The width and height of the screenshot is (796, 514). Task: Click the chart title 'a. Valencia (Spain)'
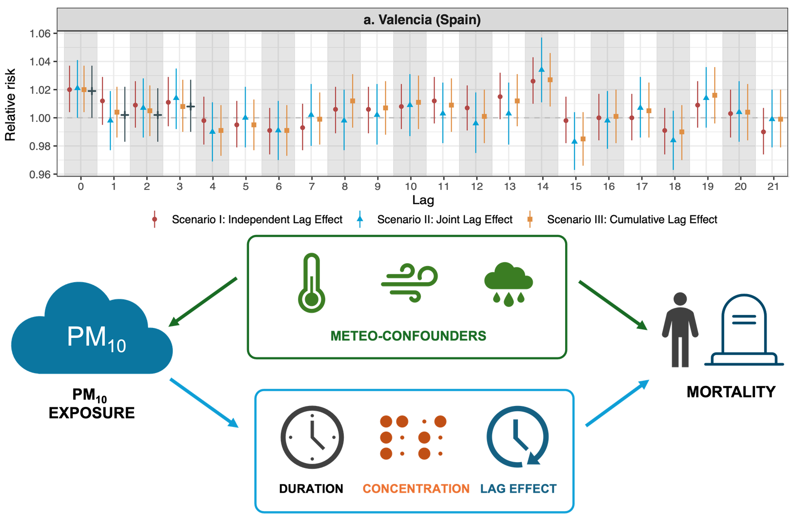click(422, 20)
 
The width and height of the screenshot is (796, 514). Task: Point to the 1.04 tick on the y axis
click(40, 62)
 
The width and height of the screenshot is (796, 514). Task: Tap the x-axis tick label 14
click(543, 187)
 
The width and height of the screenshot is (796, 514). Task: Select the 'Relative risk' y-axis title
click(10, 105)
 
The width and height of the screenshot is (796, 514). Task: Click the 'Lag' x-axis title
click(423, 200)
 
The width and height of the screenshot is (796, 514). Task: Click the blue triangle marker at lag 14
click(542, 69)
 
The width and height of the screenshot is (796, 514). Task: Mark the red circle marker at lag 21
click(763, 132)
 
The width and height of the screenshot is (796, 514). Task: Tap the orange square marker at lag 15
click(583, 139)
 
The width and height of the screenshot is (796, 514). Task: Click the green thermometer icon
click(312, 283)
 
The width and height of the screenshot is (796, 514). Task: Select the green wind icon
click(409, 283)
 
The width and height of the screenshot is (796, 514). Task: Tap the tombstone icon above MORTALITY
click(744, 330)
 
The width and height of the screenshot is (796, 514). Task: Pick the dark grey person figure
click(680, 330)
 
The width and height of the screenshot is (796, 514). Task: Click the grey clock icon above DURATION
click(312, 437)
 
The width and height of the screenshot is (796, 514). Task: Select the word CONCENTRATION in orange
click(416, 489)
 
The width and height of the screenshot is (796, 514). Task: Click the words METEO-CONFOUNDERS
click(408, 336)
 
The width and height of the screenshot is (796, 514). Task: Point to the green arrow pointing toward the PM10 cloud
click(202, 302)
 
